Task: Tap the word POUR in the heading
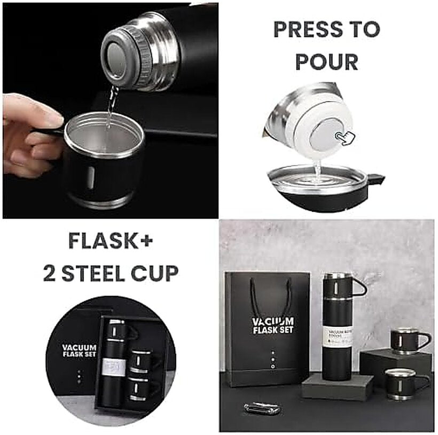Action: (326, 62)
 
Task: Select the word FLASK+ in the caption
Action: (111, 241)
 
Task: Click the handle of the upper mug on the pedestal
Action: (424, 340)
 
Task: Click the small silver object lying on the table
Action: (261, 409)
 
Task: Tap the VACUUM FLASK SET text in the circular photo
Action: (79, 351)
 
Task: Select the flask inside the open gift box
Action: (116, 363)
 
